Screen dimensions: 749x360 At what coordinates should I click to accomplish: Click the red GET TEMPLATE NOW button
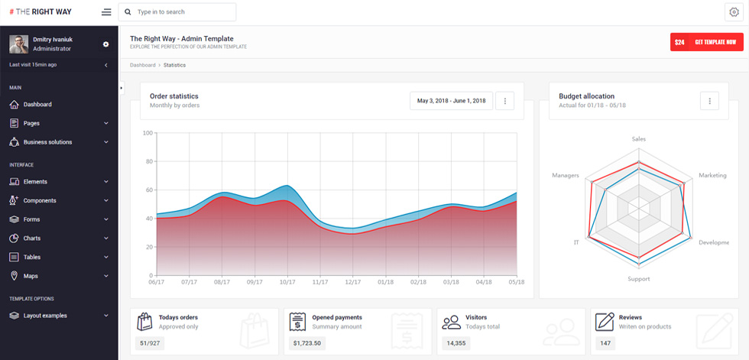706,42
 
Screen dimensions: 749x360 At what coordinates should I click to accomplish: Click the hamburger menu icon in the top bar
106,12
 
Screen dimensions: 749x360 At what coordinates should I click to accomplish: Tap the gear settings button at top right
734,12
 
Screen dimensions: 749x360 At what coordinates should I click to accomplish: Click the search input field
177,12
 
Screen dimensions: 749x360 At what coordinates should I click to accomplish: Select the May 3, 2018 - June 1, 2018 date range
452,101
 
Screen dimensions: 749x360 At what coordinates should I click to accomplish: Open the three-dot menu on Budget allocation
709,101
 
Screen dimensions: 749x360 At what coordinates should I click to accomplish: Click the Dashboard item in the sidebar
37,104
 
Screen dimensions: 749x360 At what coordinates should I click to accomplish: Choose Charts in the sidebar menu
32,238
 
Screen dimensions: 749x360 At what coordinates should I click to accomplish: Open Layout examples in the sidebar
45,316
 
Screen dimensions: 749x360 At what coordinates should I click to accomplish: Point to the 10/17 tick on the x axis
287,282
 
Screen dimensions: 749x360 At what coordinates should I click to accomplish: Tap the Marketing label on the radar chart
712,175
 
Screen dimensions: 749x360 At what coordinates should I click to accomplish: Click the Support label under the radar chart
639,279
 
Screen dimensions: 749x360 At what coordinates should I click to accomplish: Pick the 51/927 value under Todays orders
150,343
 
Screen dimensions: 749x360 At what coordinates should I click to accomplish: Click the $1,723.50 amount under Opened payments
307,343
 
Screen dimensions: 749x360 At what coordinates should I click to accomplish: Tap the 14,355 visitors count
456,343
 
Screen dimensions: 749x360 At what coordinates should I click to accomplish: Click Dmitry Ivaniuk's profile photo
18,44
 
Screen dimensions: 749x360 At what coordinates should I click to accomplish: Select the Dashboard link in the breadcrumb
142,65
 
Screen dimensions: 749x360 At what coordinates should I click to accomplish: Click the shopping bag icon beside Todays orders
144,321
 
